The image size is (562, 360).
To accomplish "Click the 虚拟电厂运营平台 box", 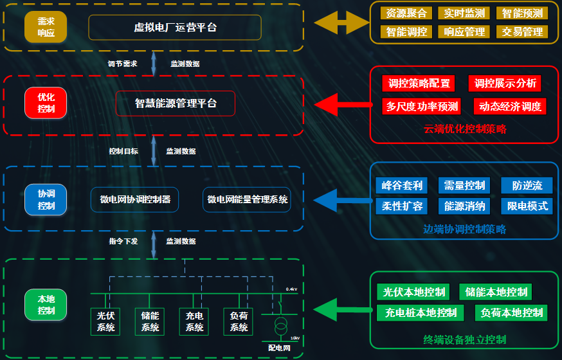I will point(175,28).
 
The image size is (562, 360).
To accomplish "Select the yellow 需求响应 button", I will point(46,27).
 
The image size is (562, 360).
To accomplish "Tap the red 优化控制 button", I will point(46,104).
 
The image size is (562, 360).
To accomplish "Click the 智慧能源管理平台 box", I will point(176,104).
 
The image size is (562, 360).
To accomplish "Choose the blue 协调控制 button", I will point(46,199).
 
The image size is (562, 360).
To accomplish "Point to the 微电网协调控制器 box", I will point(134,199).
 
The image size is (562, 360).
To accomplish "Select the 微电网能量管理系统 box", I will point(247,199).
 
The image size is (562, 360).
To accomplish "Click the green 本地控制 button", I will point(46,305).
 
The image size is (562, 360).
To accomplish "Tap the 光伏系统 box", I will point(105,321).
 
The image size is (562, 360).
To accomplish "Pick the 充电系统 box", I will point(194,321).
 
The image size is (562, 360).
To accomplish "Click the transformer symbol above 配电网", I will point(280,326).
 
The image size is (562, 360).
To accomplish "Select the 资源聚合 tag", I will point(403,13).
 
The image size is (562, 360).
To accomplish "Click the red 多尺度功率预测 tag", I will point(422,107).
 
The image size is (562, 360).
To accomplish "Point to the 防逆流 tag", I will point(527,186).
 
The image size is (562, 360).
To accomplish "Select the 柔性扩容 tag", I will point(402,206).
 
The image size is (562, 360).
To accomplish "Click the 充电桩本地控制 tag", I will point(421,313).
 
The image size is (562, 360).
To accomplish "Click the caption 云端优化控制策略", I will point(464,129).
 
